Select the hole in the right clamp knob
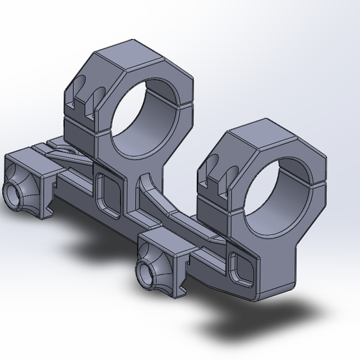tap(147, 273)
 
